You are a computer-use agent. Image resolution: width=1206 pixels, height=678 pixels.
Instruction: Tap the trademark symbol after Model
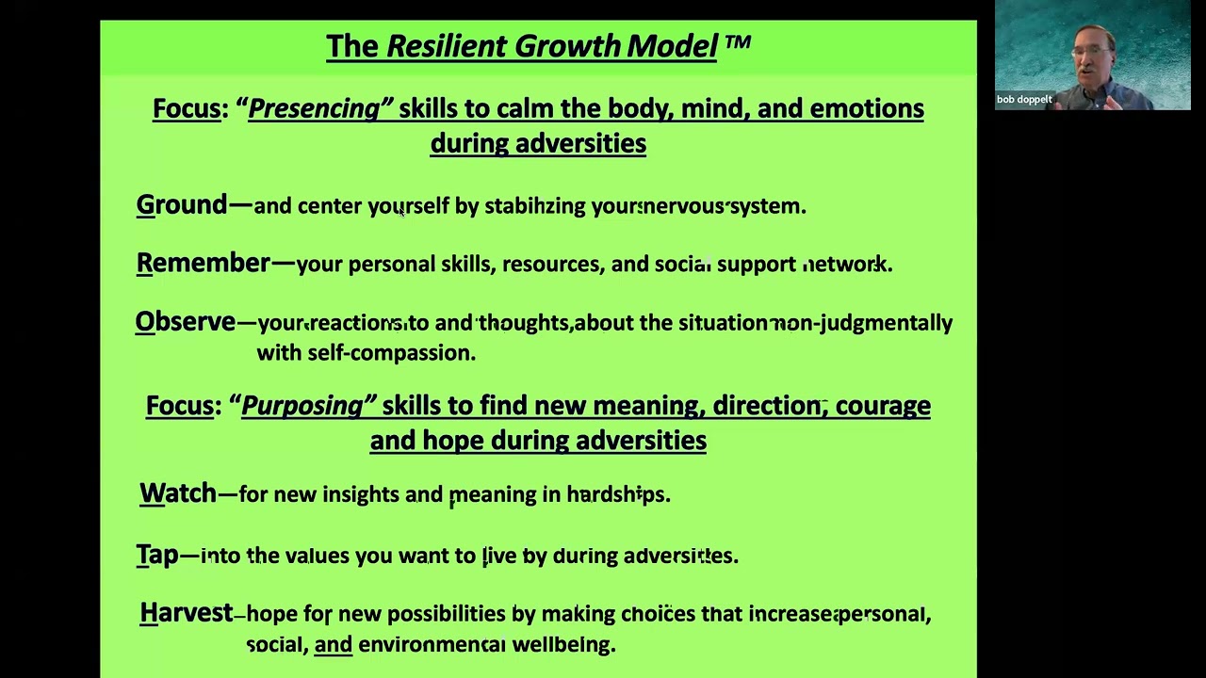pyautogui.click(x=737, y=43)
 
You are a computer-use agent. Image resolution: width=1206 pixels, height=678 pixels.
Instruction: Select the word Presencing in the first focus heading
pyautogui.click(x=315, y=109)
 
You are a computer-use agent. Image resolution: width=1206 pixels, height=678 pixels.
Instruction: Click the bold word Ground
pyautogui.click(x=182, y=205)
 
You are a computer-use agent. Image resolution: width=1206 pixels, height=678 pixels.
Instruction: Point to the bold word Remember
pyautogui.click(x=204, y=263)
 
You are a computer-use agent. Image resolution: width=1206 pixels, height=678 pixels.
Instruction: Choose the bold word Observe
pyautogui.click(x=186, y=322)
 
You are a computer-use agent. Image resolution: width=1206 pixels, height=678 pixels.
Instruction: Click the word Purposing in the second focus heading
pyautogui.click(x=303, y=406)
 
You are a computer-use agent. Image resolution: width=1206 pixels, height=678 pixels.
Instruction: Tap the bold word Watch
pyautogui.click(x=178, y=493)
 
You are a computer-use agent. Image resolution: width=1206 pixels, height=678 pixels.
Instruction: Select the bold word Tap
pyautogui.click(x=157, y=556)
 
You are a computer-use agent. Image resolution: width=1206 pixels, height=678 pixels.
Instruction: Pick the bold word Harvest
pyautogui.click(x=186, y=613)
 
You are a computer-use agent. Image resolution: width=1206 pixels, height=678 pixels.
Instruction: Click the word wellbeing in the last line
pyautogui.click(x=562, y=644)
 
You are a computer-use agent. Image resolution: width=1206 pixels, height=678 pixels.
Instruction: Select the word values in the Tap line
pyautogui.click(x=317, y=556)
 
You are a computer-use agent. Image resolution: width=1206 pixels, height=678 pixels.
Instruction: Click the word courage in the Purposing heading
pyautogui.click(x=883, y=406)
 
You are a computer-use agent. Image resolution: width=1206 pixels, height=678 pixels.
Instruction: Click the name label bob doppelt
pyautogui.click(x=1024, y=100)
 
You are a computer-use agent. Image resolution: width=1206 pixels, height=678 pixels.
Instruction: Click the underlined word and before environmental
pyautogui.click(x=333, y=644)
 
